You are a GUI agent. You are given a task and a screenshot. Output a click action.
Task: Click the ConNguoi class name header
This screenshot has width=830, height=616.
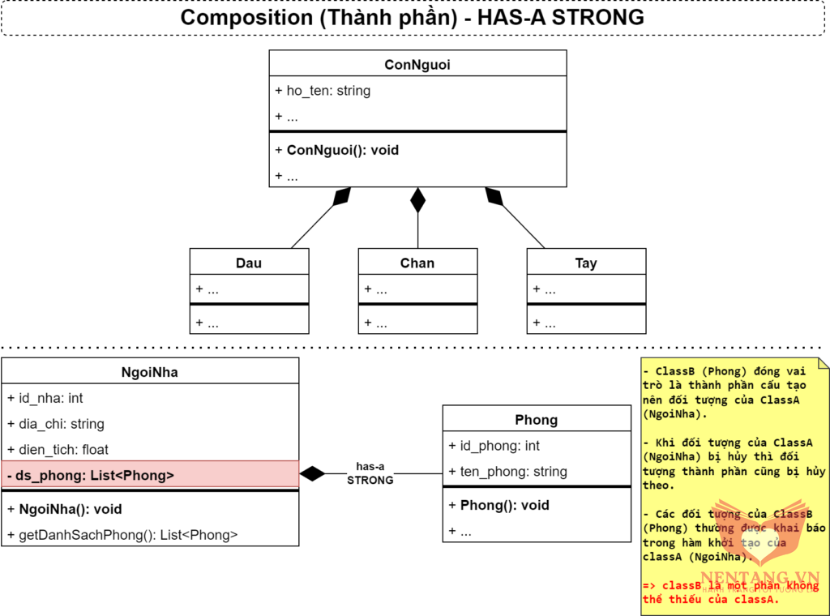coord(417,64)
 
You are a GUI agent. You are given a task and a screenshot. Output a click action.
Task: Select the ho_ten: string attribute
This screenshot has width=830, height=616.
coord(323,91)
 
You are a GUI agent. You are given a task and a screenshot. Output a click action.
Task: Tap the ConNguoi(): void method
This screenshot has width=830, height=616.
coord(336,150)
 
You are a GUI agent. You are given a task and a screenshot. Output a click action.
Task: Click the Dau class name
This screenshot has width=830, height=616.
coord(249,263)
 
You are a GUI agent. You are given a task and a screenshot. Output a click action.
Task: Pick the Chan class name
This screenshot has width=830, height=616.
coord(417,263)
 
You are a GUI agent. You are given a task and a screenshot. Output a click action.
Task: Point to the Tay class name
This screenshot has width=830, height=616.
coord(586,263)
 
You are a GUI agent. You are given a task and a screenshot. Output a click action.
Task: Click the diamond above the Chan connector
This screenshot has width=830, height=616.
coord(417,199)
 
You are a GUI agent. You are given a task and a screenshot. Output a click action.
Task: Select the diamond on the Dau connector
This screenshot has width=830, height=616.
coord(342,195)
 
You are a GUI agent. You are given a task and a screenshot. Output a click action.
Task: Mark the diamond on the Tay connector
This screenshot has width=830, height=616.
coord(494,195)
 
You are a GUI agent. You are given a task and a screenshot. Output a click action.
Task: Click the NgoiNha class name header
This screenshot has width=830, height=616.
coord(150,373)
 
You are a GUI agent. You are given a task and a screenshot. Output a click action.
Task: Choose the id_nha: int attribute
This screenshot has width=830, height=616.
coord(45,398)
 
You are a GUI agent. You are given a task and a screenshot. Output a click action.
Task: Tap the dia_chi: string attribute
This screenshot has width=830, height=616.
coord(56,424)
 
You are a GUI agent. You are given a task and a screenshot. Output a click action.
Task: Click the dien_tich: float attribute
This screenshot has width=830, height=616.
coord(58,449)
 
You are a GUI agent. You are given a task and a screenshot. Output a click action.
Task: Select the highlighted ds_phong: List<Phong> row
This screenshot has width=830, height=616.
coord(91,476)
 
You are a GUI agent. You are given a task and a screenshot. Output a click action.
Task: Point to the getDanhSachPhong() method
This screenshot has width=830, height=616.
coord(122,535)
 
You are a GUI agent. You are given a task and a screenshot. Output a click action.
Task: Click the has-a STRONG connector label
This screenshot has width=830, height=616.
coord(370,473)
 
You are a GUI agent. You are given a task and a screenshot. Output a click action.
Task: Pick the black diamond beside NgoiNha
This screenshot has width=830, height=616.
coord(312,473)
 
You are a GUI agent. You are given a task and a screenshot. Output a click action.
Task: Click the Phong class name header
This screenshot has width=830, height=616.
coord(537,420)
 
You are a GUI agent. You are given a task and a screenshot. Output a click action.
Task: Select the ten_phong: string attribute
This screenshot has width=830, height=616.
coord(507,472)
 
